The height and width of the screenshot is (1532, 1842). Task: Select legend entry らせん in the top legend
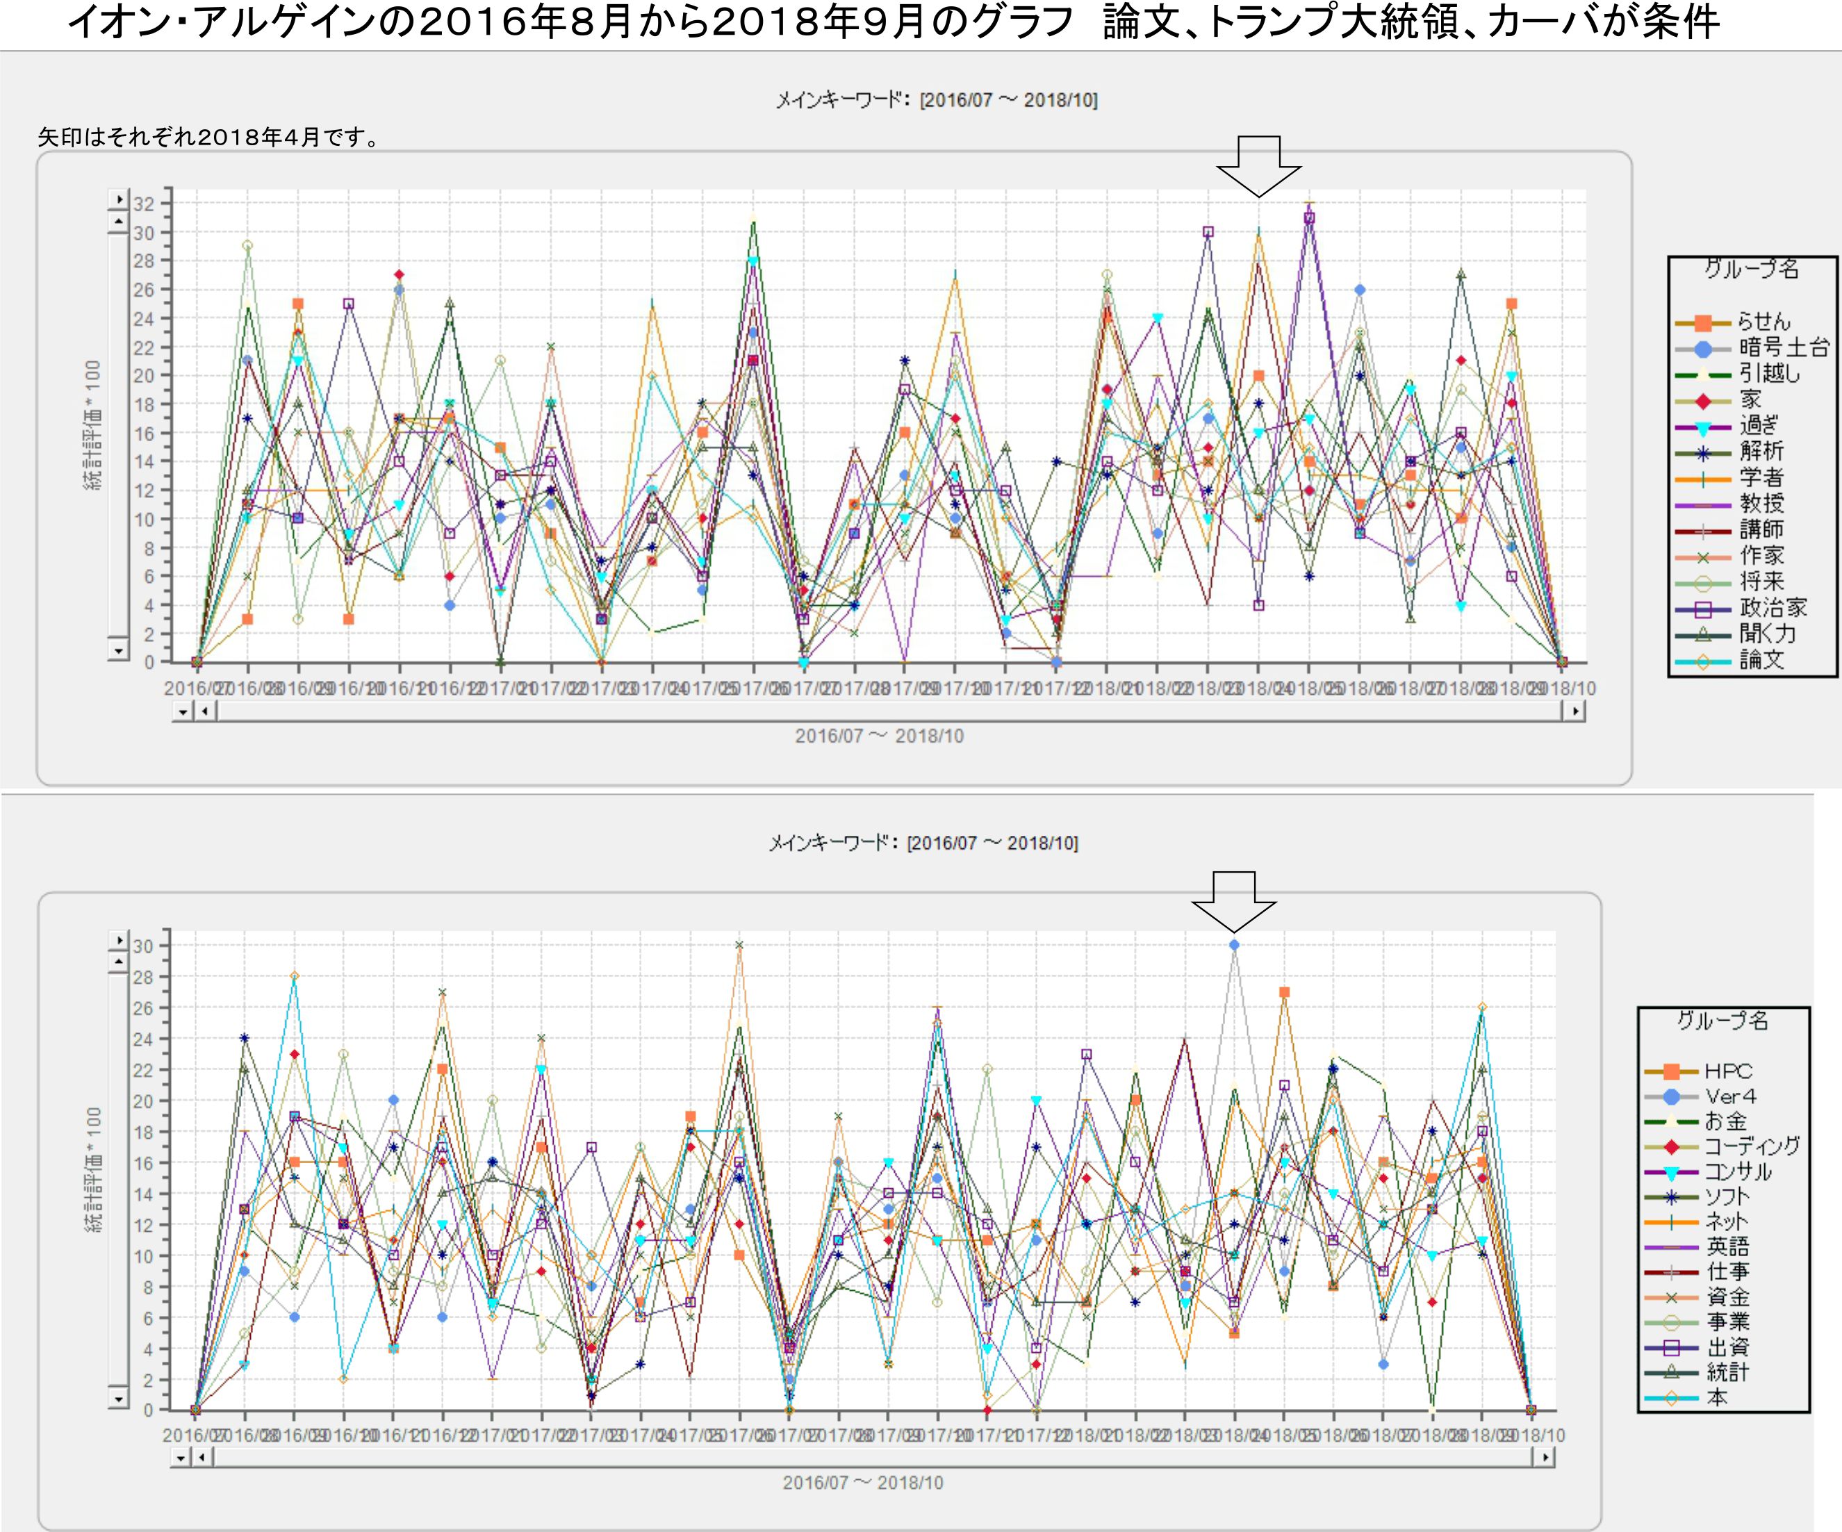pyautogui.click(x=1763, y=322)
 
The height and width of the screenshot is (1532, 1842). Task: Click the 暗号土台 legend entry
pyautogui.click(x=1783, y=348)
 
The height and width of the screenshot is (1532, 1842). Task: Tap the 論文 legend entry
pyautogui.click(x=1761, y=660)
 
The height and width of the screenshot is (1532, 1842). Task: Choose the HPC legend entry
pyautogui.click(x=1728, y=1071)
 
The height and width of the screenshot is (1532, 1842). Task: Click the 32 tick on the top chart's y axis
pyautogui.click(x=143, y=204)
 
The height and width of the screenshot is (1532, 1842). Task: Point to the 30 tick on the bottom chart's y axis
pyautogui.click(x=143, y=946)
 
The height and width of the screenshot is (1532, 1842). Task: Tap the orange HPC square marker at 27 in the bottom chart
pyautogui.click(x=1284, y=993)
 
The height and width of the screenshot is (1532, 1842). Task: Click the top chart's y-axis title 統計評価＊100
pyautogui.click(x=93, y=425)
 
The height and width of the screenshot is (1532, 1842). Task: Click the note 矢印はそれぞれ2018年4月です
pyautogui.click(x=208, y=138)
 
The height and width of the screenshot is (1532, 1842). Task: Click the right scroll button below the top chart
pyautogui.click(x=1576, y=711)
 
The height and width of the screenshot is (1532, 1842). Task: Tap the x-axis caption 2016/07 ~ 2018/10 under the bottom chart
pyautogui.click(x=863, y=1482)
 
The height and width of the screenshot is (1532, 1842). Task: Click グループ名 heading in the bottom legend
pyautogui.click(x=1722, y=1021)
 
